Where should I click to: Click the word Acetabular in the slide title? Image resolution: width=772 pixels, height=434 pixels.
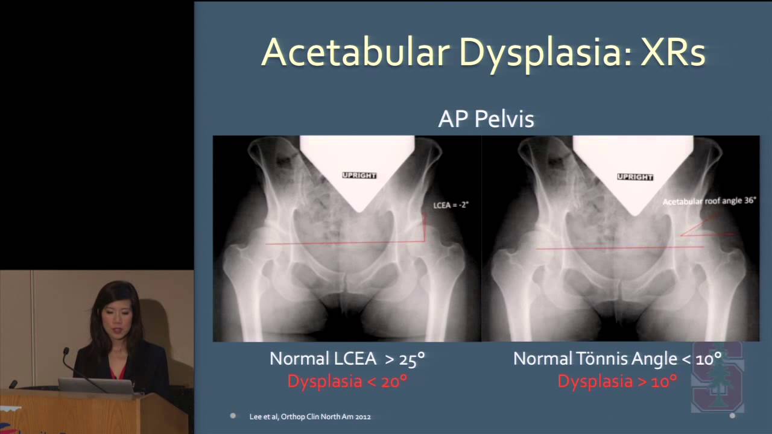tap(356, 52)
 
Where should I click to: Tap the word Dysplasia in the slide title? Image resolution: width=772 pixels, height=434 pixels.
tap(545, 54)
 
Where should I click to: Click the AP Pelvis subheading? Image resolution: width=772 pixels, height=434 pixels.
tap(486, 119)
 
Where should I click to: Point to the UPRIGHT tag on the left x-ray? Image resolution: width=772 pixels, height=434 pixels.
tap(359, 175)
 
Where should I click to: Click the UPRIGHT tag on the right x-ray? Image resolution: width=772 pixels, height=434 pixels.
tap(635, 177)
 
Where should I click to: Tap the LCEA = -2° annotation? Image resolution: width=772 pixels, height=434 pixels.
tap(451, 205)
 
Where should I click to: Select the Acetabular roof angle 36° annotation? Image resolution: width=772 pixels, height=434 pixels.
tap(709, 201)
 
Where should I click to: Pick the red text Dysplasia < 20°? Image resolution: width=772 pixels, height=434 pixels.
tap(348, 382)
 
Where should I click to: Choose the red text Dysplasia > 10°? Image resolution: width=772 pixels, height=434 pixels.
tap(618, 382)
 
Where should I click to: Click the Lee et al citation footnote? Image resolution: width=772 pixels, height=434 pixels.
tap(310, 417)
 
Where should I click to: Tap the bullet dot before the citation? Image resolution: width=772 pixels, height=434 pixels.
tap(233, 416)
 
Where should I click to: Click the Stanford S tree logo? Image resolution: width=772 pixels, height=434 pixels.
tap(718, 377)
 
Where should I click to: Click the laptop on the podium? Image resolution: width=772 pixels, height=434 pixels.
tap(96, 386)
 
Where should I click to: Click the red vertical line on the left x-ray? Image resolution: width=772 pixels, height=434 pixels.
tap(425, 227)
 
